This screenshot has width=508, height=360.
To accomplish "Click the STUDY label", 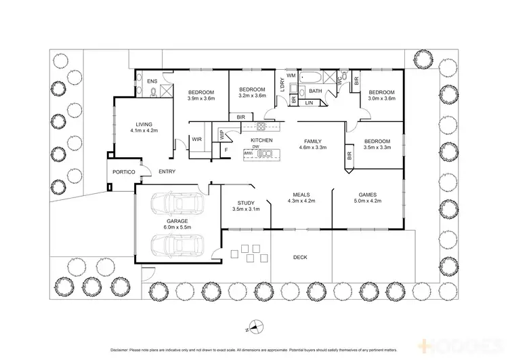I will click(x=245, y=203).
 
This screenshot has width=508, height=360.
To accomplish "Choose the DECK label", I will click(x=300, y=257).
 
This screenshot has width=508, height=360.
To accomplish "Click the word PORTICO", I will click(x=124, y=172).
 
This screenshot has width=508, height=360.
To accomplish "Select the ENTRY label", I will click(x=167, y=172).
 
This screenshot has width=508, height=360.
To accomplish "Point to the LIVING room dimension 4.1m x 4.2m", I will click(x=143, y=131).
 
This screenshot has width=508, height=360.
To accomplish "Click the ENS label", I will click(x=152, y=81).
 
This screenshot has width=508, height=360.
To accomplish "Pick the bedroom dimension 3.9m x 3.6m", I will click(x=201, y=99).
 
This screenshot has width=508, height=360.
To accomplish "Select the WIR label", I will click(x=197, y=139).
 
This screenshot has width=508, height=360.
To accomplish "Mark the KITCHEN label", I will click(x=261, y=140).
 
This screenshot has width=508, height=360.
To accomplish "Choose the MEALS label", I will click(x=301, y=194).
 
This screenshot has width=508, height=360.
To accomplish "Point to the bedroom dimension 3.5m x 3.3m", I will click(x=377, y=146).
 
